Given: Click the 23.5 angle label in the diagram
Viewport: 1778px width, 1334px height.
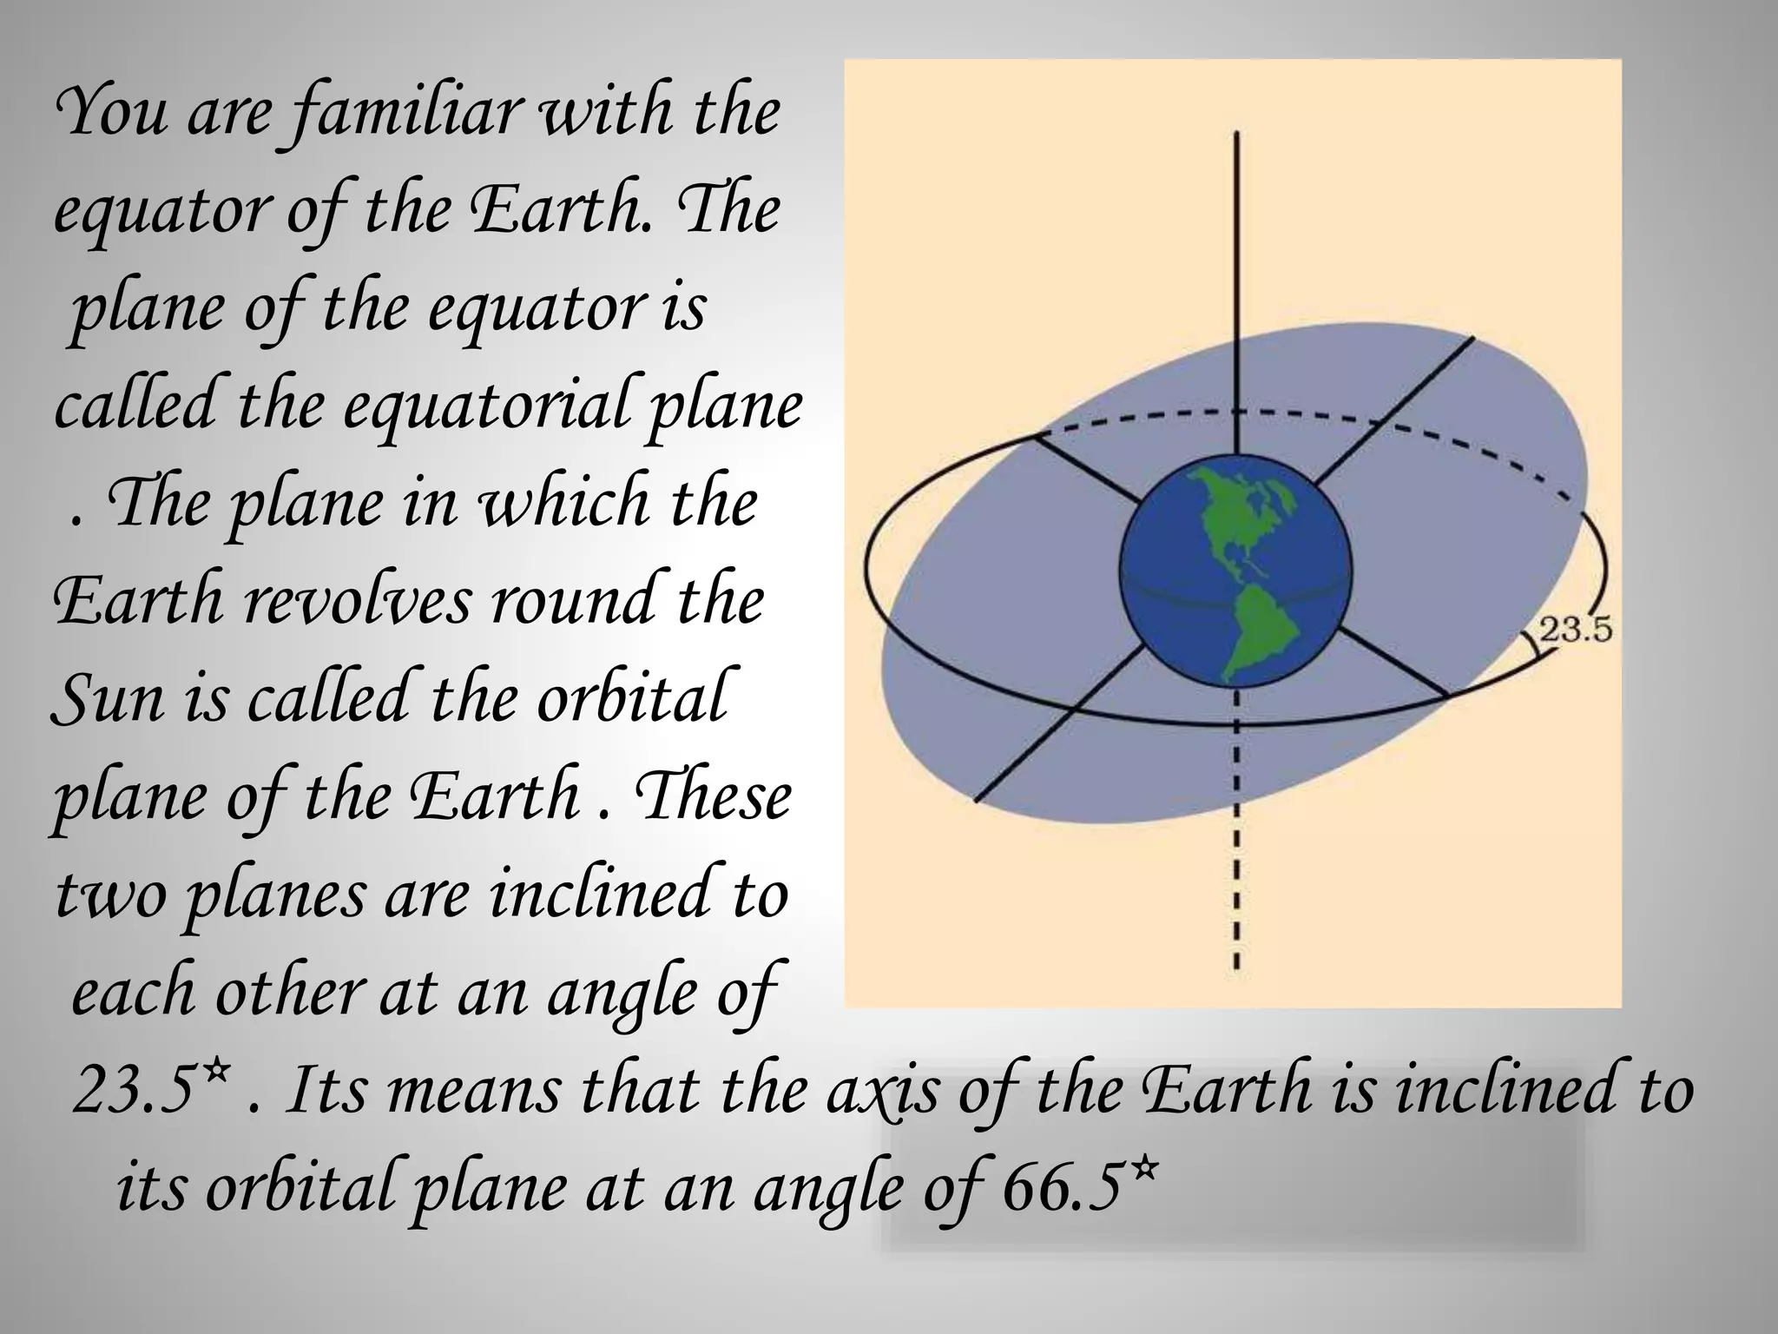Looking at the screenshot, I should [1575, 629].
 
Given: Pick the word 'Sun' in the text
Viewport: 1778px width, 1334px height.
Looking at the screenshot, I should [105, 699].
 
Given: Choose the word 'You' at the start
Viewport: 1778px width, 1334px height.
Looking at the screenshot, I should [109, 115].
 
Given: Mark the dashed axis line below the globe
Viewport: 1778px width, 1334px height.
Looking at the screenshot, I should [1236, 825].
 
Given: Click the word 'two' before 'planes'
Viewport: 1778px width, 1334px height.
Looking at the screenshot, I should [109, 895].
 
